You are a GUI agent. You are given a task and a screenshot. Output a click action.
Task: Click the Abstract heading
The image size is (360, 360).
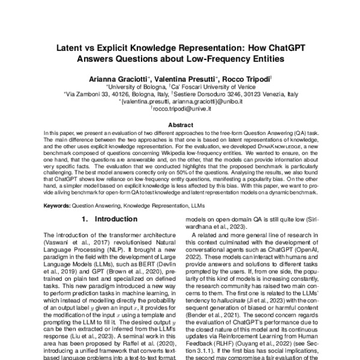(x=180, y=124)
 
